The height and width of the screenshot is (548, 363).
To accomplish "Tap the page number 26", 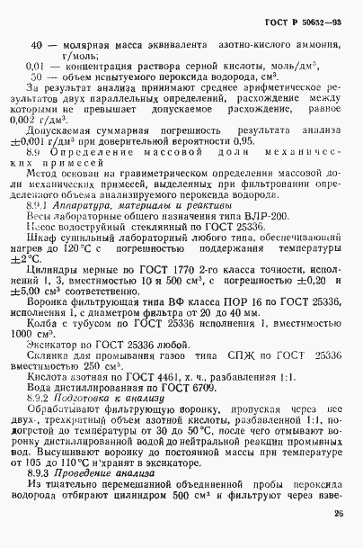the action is click(x=337, y=516).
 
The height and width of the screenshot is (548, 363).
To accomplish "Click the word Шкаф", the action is click(x=44, y=241).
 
